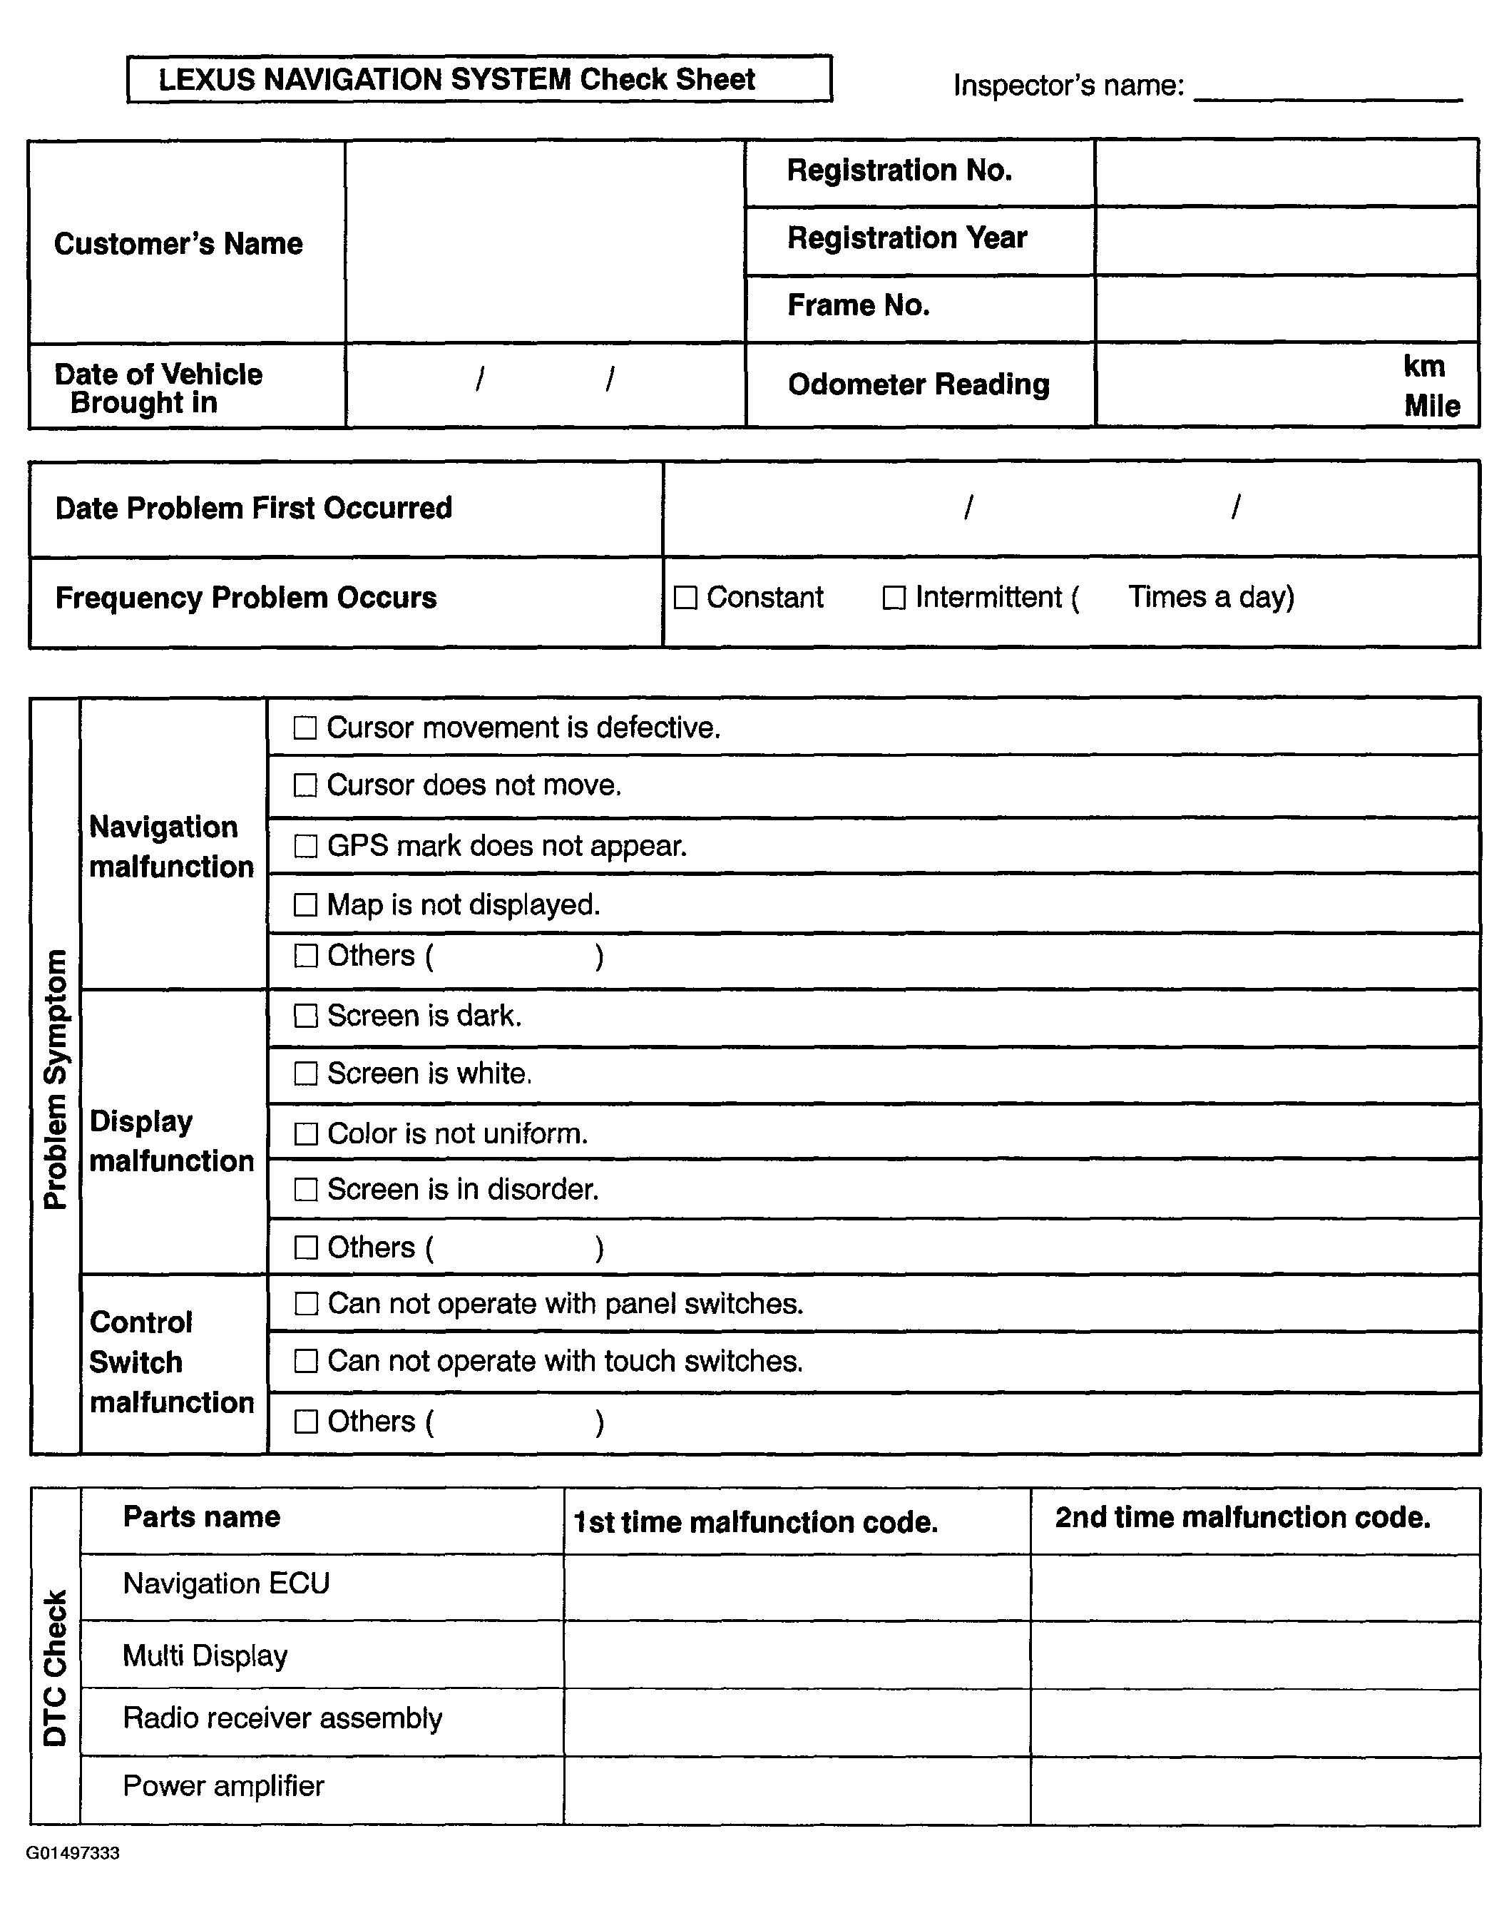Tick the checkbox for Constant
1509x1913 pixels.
(685, 598)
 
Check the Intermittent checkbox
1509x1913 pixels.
(894, 598)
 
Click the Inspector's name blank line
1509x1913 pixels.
(1327, 88)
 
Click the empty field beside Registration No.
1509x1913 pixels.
(1287, 173)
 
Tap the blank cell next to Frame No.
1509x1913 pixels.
(1287, 308)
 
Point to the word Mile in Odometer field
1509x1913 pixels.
(1431, 407)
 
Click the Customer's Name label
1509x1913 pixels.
(178, 244)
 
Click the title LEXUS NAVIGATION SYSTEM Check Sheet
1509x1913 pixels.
(456, 79)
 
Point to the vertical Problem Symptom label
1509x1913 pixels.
(56, 1078)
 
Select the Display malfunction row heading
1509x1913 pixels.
(171, 1141)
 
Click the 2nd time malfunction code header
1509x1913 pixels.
(1242, 1517)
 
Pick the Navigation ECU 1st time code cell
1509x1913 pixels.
(797, 1587)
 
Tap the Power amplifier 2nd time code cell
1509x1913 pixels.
(1254, 1790)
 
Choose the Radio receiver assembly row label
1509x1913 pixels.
(282, 1718)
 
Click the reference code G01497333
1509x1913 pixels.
(73, 1853)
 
